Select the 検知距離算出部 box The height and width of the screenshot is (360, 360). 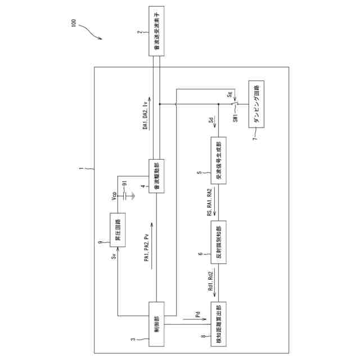pyautogui.click(x=217, y=322)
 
